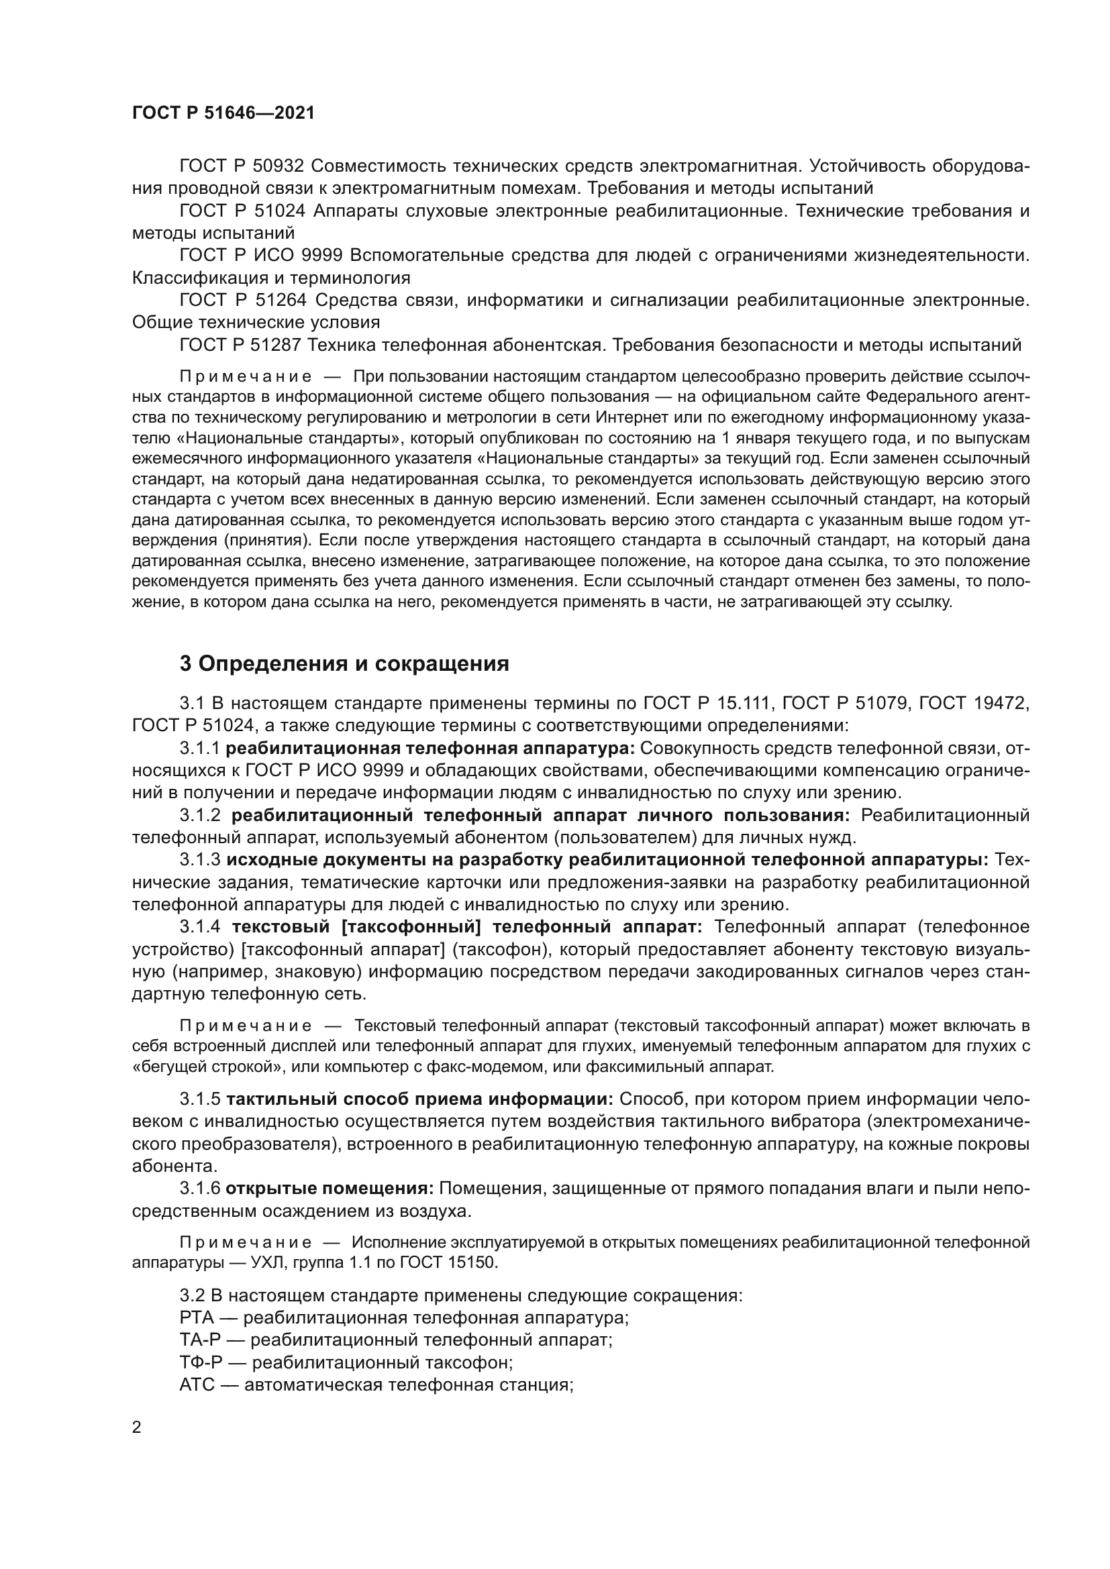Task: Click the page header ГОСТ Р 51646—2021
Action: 223,113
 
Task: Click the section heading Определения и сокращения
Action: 354,663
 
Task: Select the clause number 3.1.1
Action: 199,749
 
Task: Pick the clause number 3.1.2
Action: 199,815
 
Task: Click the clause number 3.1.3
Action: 199,860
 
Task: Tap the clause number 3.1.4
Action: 199,926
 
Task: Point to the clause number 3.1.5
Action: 199,1099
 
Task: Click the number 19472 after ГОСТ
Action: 998,702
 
